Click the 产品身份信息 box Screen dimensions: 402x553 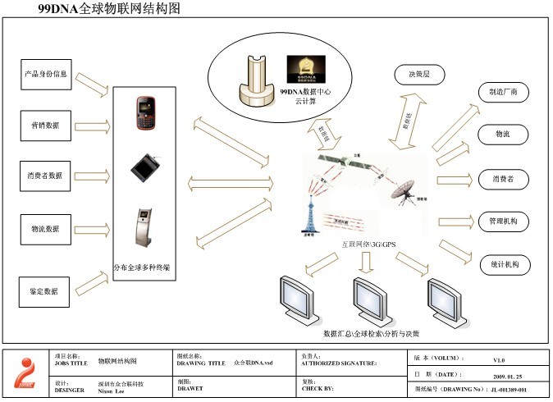pyautogui.click(x=46, y=74)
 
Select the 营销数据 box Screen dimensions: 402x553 pyautogui.click(x=46, y=126)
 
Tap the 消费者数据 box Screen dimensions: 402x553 pyautogui.click(x=46, y=175)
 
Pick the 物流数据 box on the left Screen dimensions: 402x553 pyautogui.click(x=46, y=229)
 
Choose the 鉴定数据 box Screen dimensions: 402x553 pyautogui.click(x=46, y=290)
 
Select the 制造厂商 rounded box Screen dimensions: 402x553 pyautogui.click(x=504, y=93)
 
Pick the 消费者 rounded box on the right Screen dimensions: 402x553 pyautogui.click(x=504, y=179)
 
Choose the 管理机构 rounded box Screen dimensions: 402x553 pyautogui.click(x=504, y=222)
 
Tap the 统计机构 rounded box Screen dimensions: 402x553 pyautogui.click(x=504, y=265)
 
